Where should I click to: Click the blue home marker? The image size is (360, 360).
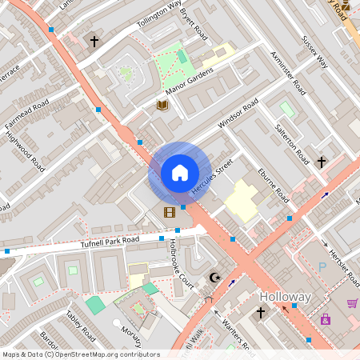click(179, 172)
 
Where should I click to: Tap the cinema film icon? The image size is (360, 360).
click(169, 212)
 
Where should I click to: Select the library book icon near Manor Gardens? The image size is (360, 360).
click(162, 105)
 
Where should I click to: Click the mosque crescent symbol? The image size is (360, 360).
click(214, 278)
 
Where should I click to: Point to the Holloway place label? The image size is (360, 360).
click(284, 297)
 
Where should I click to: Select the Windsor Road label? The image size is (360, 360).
click(238, 116)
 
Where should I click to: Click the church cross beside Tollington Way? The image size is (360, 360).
click(94, 41)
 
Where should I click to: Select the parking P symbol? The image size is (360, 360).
click(322, 266)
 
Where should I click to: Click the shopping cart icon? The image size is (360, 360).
click(352, 303)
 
